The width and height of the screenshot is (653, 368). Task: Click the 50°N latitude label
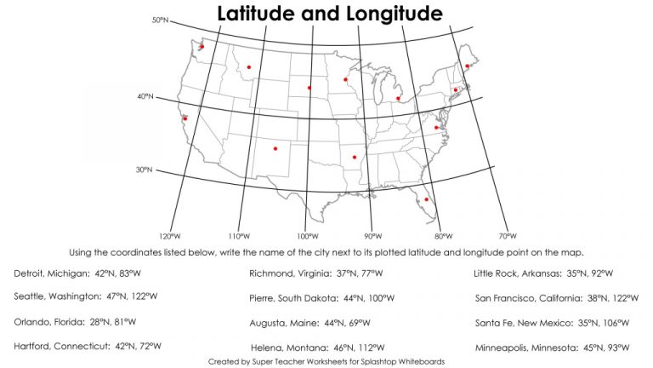point(161,19)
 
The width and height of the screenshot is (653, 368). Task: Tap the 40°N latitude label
point(145,96)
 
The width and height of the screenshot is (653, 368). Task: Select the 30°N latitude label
point(144,170)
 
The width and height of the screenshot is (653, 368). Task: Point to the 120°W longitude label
point(169,236)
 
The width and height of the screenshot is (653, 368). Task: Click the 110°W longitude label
point(239,236)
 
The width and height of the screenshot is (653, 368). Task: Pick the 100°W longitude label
point(308,236)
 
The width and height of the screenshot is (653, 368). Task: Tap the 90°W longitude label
point(373,236)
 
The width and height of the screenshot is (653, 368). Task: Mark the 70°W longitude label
point(508,236)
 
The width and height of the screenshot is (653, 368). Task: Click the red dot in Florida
point(427,199)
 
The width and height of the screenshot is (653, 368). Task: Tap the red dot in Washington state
point(202,47)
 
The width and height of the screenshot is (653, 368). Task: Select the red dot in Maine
point(468,66)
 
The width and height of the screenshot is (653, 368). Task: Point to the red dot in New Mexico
point(275,149)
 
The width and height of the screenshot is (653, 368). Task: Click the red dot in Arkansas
point(354,157)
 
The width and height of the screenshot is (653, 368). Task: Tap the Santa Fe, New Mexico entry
point(553,323)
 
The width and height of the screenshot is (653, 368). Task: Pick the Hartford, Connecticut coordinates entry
point(88,347)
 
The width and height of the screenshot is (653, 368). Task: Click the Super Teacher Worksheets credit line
point(326,361)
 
